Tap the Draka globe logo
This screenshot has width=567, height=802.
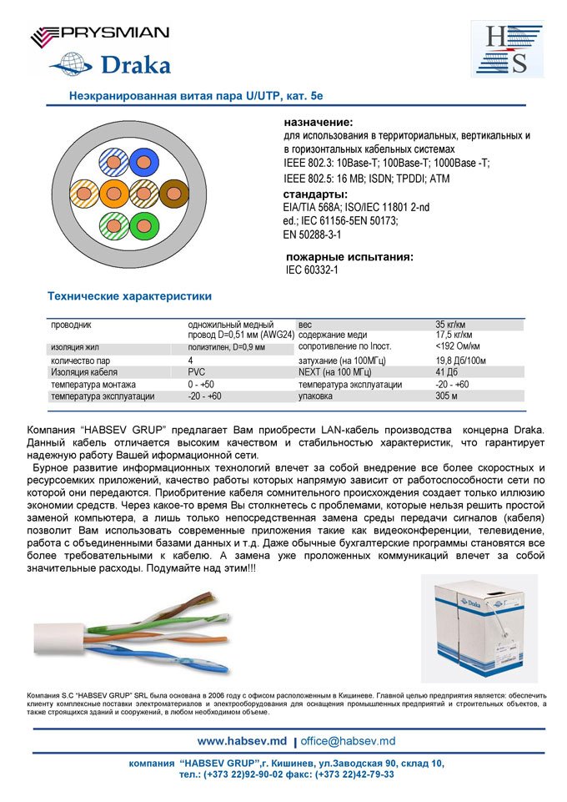coord(109,64)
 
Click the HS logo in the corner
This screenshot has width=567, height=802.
coord(508,49)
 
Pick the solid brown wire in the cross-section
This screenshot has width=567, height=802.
coord(174,194)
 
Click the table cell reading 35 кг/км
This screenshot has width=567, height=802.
coord(450,324)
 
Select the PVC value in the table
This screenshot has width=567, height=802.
coord(197,371)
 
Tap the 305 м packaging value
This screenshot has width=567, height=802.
coord(446,396)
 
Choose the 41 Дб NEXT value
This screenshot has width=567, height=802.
coord(447,371)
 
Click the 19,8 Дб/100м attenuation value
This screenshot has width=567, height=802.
coord(460,360)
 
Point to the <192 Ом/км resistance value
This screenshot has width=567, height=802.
coord(459,346)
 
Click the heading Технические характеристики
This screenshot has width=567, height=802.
coord(129,296)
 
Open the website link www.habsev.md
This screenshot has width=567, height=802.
coord(242,740)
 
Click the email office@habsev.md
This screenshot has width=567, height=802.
coord(348,740)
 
